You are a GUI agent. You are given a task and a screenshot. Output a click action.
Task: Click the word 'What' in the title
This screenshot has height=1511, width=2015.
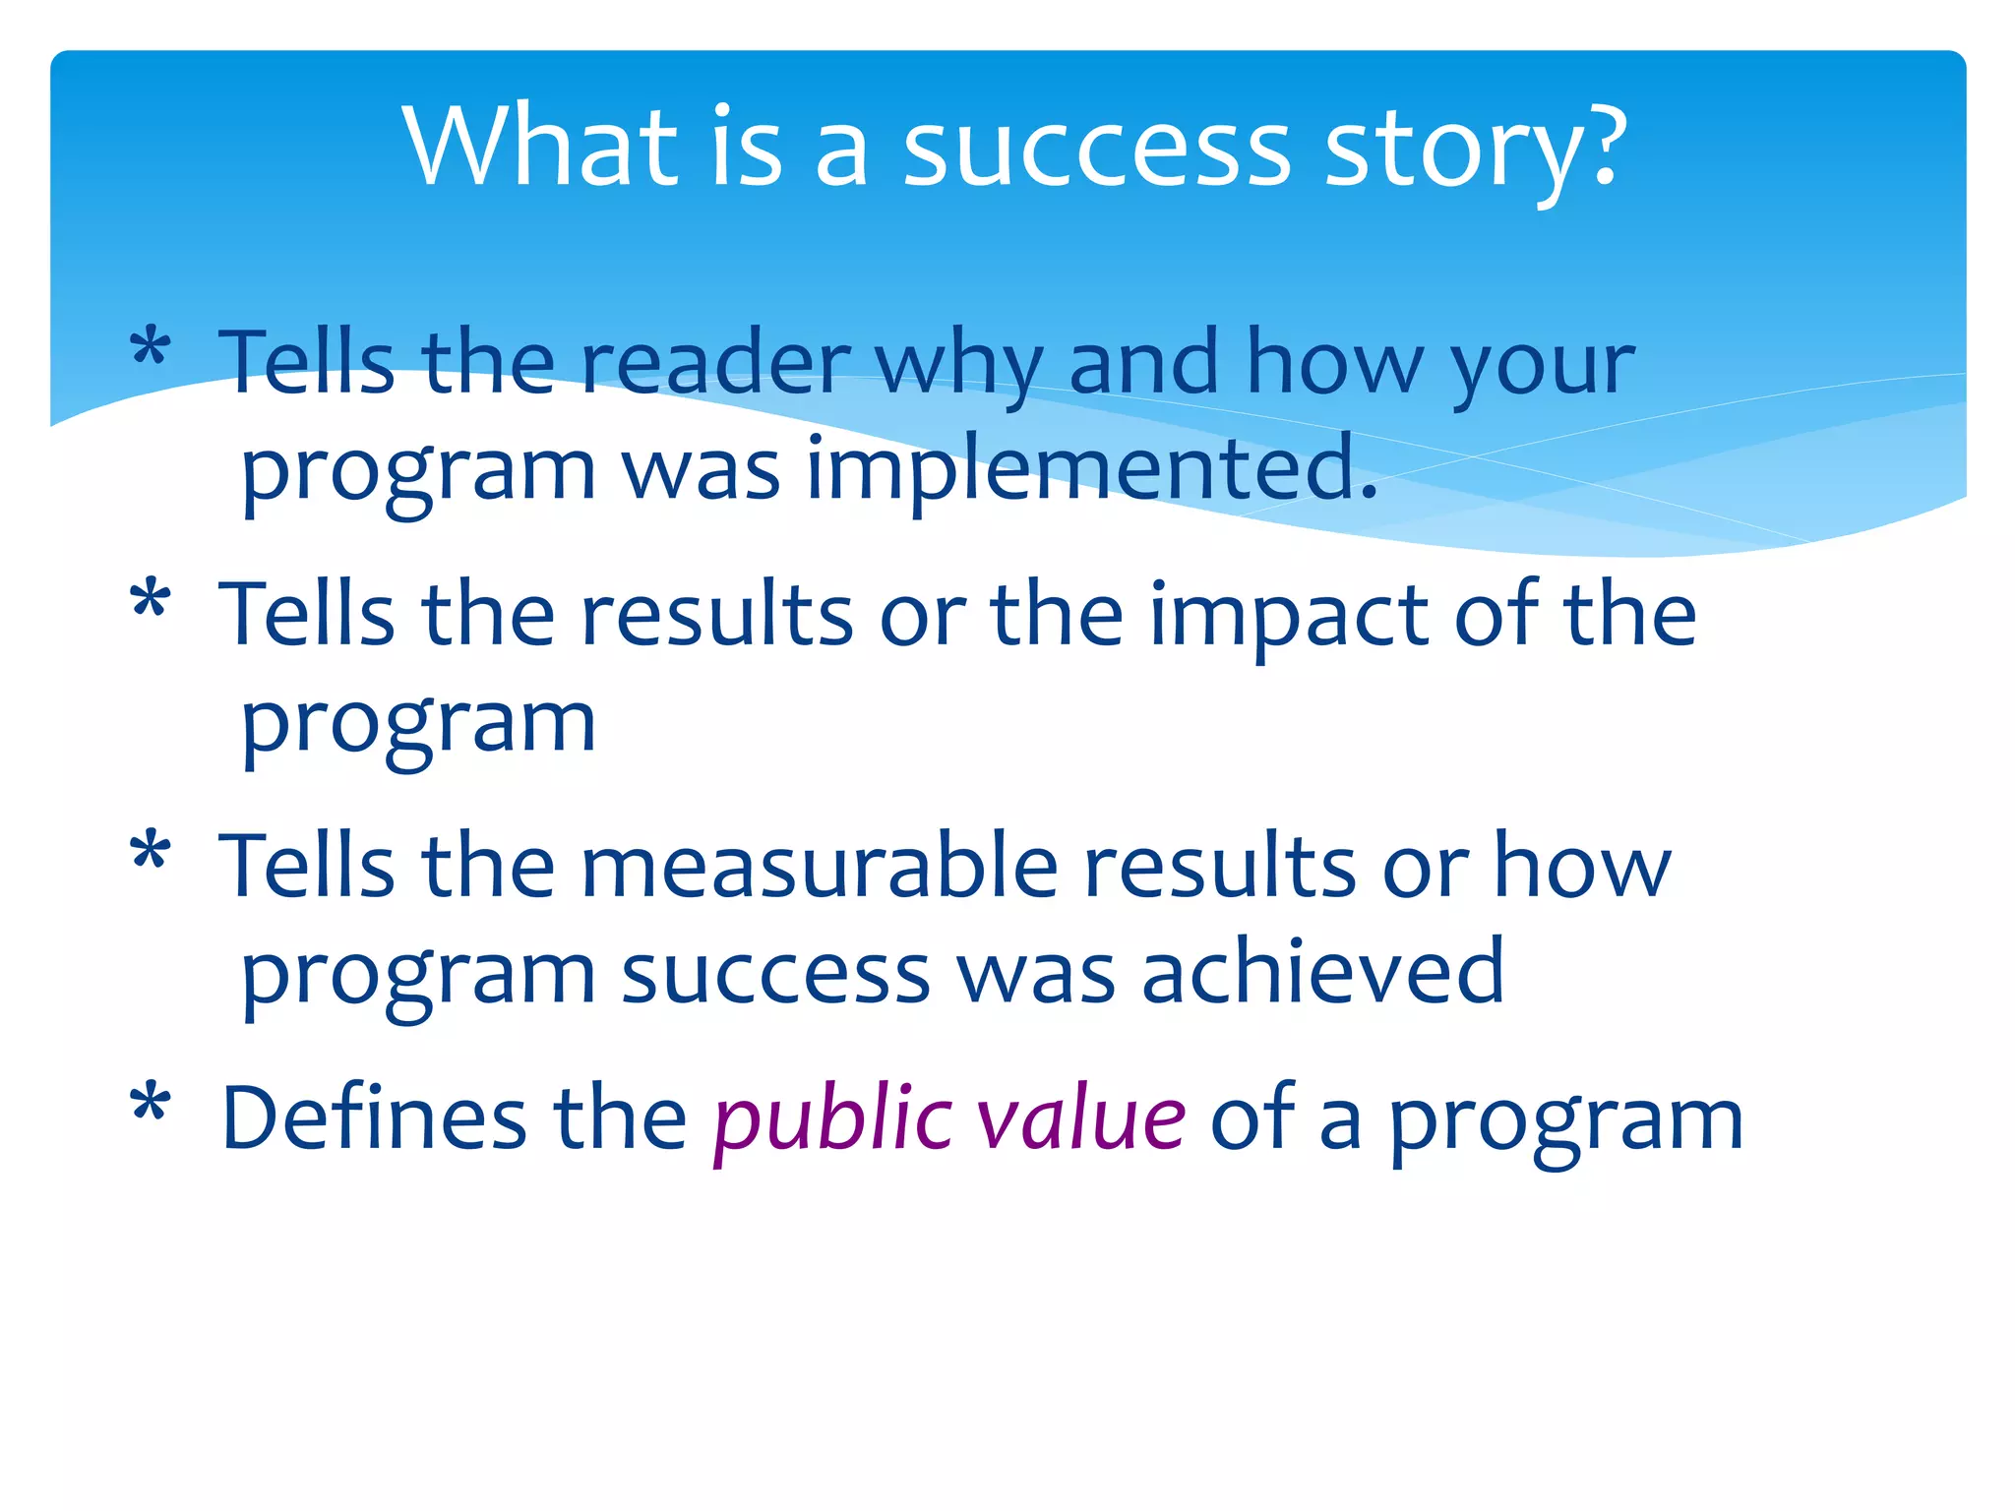[540, 147]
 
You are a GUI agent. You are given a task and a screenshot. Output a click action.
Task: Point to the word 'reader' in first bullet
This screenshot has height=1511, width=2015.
[715, 362]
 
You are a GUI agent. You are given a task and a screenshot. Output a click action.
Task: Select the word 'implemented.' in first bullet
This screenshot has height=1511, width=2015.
[1092, 470]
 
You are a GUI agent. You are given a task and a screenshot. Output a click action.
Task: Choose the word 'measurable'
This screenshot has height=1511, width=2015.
[820, 866]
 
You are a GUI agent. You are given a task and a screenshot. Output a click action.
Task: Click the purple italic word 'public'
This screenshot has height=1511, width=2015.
[832, 1121]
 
